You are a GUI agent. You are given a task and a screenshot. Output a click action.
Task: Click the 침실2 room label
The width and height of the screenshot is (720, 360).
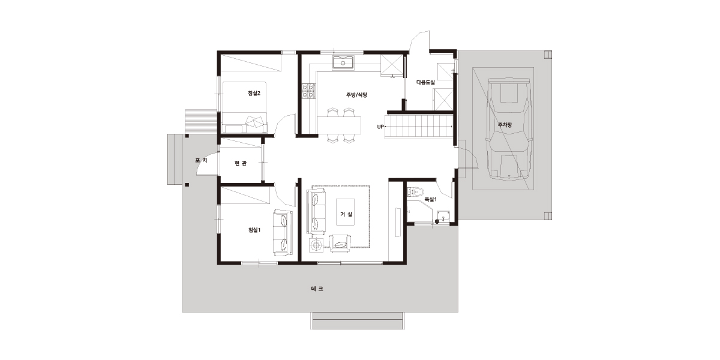pos(254,93)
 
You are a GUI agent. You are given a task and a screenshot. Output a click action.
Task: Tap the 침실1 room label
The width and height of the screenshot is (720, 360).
pos(254,230)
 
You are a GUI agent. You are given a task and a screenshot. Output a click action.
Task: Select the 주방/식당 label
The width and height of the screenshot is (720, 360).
pos(356,95)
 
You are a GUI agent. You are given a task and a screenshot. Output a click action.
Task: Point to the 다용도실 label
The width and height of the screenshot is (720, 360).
pos(425,82)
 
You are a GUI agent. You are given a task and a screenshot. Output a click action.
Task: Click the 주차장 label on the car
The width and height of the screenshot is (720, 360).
pos(505,125)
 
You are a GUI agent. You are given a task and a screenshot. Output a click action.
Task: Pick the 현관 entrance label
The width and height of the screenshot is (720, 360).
pos(241,163)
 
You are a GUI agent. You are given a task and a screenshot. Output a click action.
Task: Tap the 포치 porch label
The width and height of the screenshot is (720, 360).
pos(201,160)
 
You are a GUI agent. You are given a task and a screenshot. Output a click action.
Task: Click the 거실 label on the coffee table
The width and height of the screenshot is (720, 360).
pos(346,214)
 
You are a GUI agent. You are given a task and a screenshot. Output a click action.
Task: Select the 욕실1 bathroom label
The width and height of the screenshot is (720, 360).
pos(431,199)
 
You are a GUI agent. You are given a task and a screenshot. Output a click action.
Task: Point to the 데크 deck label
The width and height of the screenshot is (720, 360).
pos(317,289)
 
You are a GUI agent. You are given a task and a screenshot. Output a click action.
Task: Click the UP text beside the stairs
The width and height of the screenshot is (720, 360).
pos(380,127)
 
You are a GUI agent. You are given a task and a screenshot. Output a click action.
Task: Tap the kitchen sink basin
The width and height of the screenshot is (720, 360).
pos(343,62)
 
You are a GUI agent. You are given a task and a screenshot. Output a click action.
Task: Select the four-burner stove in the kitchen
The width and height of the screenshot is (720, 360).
pos(308,91)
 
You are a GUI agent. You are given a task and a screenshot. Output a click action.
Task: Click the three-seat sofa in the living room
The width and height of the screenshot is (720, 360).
pos(316,211)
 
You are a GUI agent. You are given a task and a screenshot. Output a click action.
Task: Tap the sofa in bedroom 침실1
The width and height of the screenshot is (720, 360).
pos(283,233)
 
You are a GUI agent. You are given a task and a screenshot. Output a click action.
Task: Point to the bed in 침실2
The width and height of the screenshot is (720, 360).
pos(245,107)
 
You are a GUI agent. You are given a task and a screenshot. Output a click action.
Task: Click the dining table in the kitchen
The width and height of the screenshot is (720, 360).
pos(339,125)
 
